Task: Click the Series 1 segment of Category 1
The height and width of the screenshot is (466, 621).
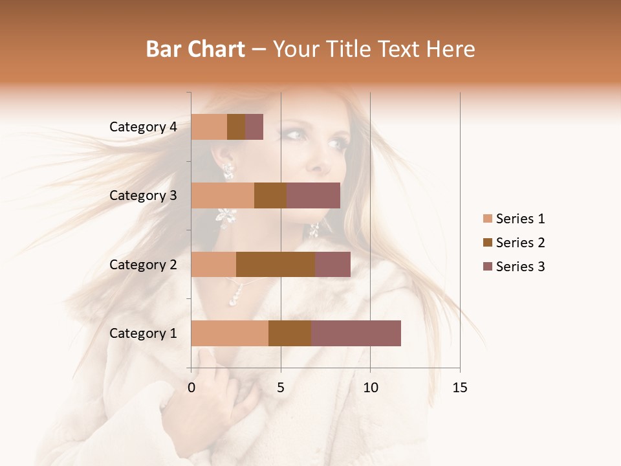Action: click(x=230, y=333)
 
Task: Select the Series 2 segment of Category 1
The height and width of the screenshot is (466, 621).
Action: click(x=290, y=333)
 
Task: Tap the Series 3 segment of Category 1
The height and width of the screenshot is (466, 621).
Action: click(x=356, y=333)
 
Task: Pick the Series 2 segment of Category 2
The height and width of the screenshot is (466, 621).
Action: click(x=276, y=264)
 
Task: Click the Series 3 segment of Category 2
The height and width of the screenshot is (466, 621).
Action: click(x=332, y=264)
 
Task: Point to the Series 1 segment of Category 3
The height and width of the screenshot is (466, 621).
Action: click(x=223, y=195)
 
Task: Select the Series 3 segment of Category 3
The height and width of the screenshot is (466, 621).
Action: click(x=313, y=195)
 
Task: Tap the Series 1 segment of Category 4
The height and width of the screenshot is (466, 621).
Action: click(x=209, y=127)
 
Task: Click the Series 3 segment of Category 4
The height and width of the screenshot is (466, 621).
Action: click(x=254, y=127)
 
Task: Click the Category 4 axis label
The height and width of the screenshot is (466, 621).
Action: click(x=143, y=127)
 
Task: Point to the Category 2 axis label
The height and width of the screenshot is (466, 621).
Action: click(x=143, y=264)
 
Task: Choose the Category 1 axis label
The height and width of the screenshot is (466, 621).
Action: click(x=143, y=333)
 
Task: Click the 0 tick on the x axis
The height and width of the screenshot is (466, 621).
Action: click(x=191, y=388)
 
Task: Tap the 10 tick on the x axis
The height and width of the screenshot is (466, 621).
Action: click(x=370, y=388)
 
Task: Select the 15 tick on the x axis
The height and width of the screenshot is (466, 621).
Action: click(x=460, y=388)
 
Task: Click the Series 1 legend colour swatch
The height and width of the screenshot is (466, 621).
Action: click(x=487, y=219)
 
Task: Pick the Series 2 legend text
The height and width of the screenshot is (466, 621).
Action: click(x=520, y=243)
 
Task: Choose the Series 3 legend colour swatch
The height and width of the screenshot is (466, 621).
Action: click(x=487, y=267)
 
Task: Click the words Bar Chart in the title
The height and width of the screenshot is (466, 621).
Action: click(x=195, y=49)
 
